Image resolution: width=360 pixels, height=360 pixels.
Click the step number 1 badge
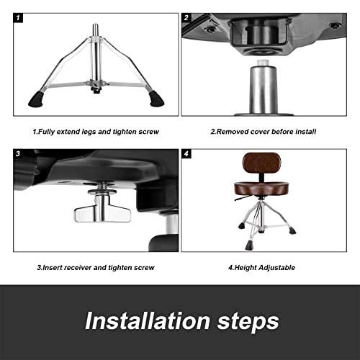19,18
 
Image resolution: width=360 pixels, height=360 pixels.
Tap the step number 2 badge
186,18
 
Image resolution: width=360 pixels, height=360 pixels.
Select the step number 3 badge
19,154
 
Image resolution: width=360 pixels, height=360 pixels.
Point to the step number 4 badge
186,154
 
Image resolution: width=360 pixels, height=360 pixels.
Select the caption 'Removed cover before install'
264,131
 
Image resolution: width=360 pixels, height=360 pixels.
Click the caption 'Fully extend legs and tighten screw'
96,131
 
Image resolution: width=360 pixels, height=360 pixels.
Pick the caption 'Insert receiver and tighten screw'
96,267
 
